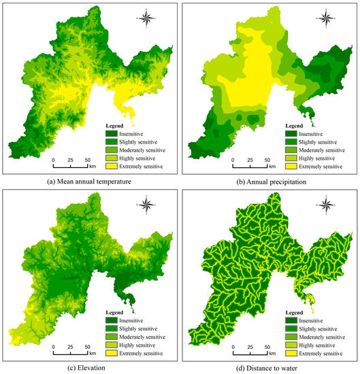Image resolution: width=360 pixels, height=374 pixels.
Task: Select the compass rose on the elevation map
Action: (x=146, y=202)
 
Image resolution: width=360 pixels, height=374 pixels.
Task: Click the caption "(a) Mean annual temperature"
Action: (x=89, y=181)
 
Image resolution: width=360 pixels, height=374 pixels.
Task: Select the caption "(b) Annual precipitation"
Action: (x=269, y=181)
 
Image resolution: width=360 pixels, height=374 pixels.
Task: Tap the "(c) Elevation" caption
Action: (x=89, y=367)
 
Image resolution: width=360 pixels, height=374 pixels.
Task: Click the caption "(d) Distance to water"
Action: (x=269, y=367)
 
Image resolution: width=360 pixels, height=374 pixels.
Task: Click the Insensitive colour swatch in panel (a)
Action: (x=114, y=135)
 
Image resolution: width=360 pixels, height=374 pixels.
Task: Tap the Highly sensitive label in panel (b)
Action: (x=324, y=158)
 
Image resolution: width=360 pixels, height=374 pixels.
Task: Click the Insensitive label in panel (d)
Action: (x=320, y=320)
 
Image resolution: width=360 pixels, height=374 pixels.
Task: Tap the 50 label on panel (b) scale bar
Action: (x=265, y=160)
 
